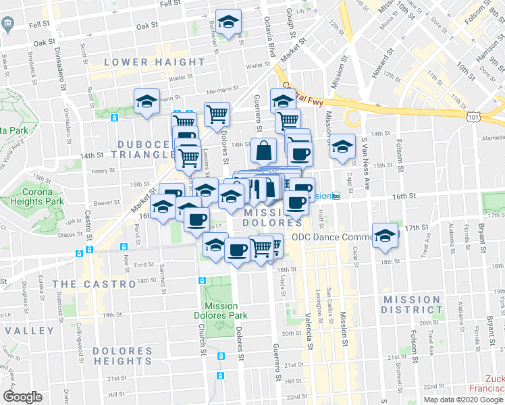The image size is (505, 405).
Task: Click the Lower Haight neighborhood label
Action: pos(155,62)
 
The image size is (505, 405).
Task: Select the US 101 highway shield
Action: pos(473,117)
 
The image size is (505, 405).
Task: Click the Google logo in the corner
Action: pos(23,397)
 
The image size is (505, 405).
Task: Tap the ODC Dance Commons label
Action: pos(333,237)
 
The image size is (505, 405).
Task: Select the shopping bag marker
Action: pos(263,151)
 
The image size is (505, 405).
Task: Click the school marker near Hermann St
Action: pos(147,102)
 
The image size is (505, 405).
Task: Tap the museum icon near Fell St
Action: pos(7,25)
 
